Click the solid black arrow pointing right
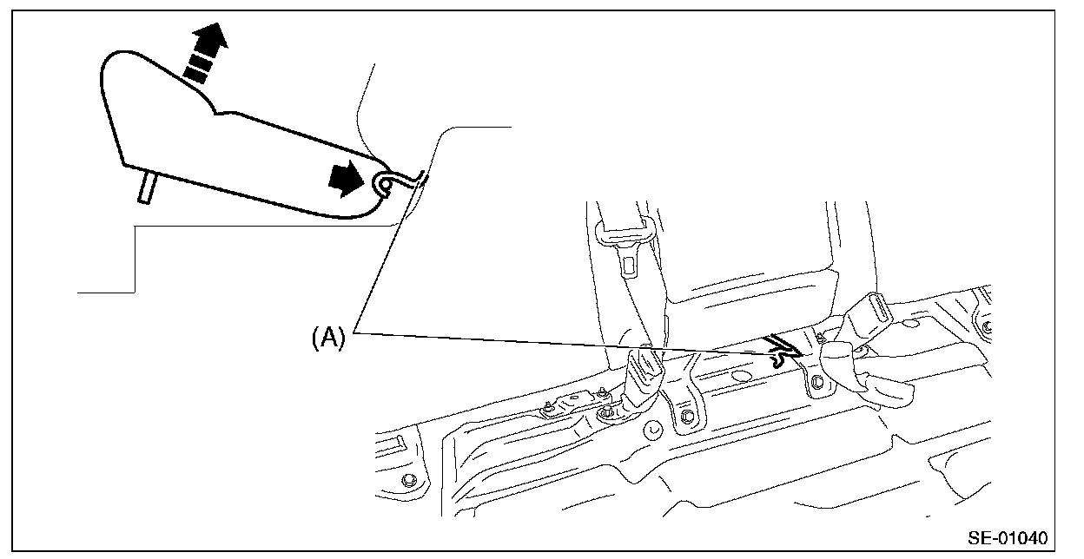tap(344, 179)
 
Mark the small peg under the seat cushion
tap(145, 187)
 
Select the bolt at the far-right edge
tap(987, 326)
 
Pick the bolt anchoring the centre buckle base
tap(605, 412)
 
